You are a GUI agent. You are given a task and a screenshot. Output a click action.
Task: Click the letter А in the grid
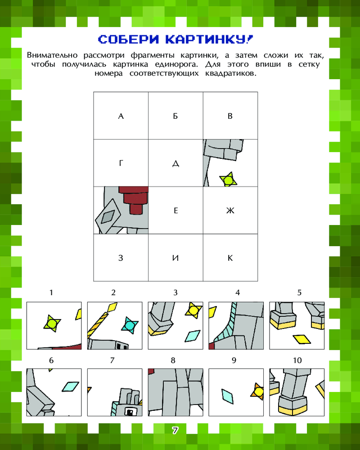pyautogui.click(x=121, y=116)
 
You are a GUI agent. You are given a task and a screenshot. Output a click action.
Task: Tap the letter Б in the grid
pyautogui.click(x=175, y=116)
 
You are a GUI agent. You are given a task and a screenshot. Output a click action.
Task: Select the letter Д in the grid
pyautogui.click(x=175, y=164)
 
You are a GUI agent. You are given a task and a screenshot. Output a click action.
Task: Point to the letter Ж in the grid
pyautogui.click(x=230, y=211)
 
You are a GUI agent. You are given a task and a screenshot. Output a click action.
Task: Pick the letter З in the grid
pyautogui.click(x=121, y=258)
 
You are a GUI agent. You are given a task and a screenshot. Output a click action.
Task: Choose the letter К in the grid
pyautogui.click(x=230, y=258)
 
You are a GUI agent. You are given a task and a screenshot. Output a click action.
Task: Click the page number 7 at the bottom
pyautogui.click(x=175, y=431)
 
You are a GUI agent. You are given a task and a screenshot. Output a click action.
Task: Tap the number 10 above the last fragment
pyautogui.click(x=297, y=360)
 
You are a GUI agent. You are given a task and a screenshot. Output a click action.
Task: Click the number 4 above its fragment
pyautogui.click(x=238, y=292)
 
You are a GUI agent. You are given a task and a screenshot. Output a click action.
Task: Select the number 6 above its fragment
pyautogui.click(x=51, y=360)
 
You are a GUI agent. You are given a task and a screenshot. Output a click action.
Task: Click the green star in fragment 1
pyautogui.click(x=52, y=324)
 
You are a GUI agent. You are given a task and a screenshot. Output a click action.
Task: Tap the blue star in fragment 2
pyautogui.click(x=130, y=325)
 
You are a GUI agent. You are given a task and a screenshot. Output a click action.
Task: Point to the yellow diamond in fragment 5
pyautogui.click(x=301, y=339)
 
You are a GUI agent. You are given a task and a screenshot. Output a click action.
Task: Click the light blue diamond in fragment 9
pyautogui.click(x=228, y=396)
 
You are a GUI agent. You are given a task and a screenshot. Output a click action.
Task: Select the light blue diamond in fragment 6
pyautogui.click(x=70, y=386)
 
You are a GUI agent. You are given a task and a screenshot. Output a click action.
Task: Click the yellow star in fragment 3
pyautogui.click(x=193, y=310)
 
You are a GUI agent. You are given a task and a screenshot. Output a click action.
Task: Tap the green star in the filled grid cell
pyautogui.click(x=228, y=180)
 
